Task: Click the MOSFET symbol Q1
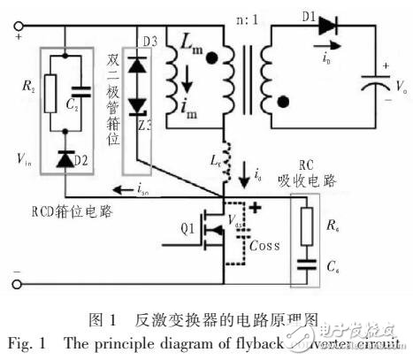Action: (212, 233)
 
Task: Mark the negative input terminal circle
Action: (17, 284)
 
